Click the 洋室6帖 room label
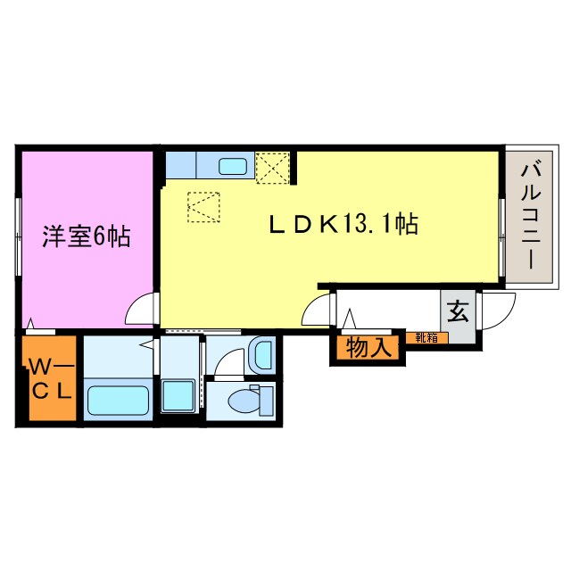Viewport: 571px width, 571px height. [x=87, y=236]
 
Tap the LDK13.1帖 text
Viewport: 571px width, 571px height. [x=343, y=225]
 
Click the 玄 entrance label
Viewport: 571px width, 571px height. [x=458, y=314]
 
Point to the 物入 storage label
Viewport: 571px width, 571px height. [x=368, y=349]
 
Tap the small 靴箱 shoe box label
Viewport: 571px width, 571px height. [x=425, y=337]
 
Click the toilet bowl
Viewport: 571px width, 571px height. [x=244, y=401]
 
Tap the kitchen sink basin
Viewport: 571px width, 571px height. [x=235, y=165]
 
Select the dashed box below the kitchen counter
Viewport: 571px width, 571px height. [x=203, y=208]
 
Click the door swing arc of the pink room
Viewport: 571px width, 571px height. [x=140, y=310]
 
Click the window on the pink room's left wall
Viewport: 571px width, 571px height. [x=18, y=236]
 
